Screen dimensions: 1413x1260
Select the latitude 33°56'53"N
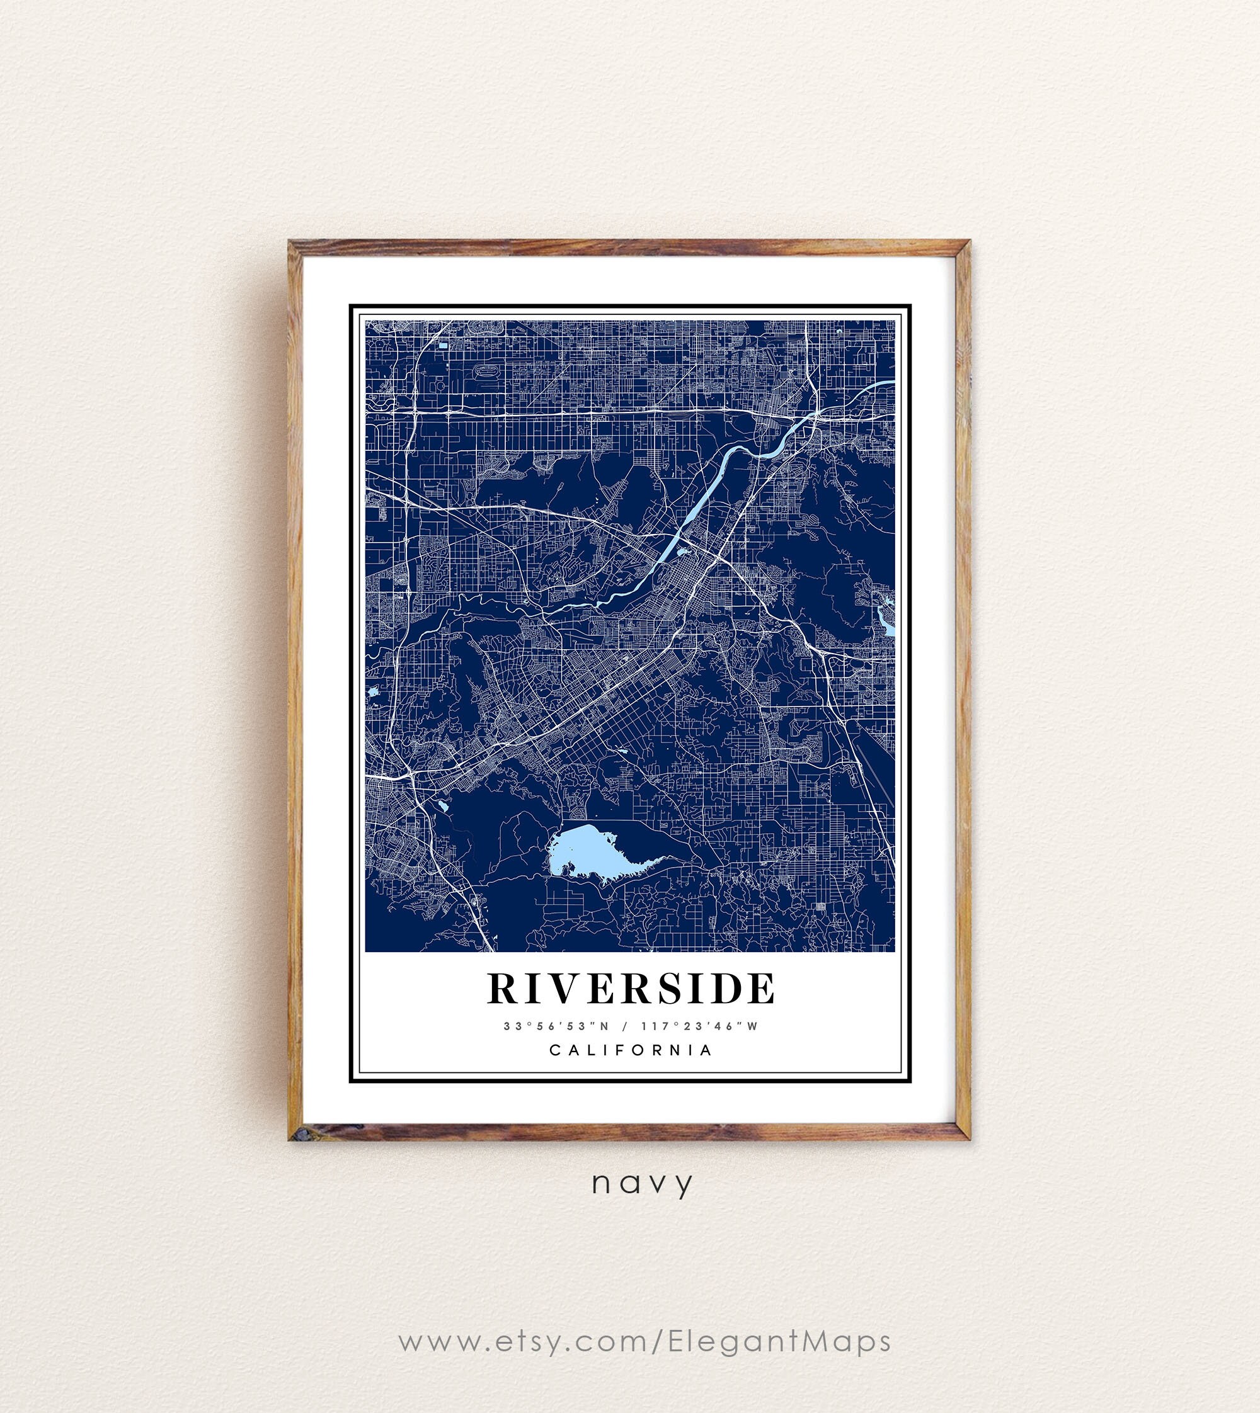point(557,1026)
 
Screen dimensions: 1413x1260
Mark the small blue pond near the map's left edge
point(372,691)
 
